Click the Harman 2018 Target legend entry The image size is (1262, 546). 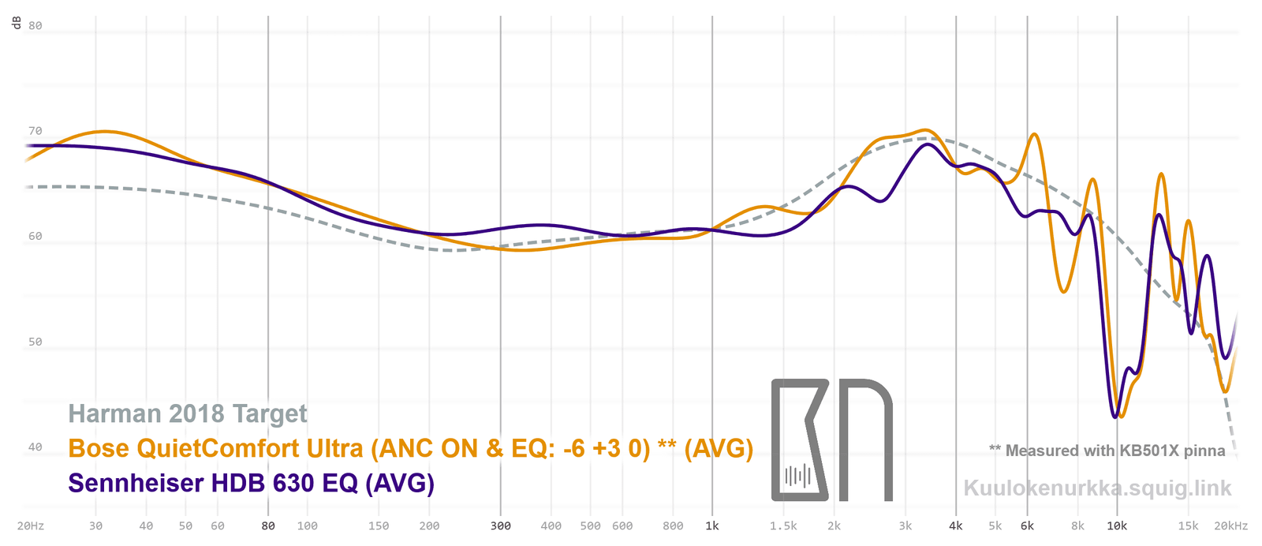[188, 413]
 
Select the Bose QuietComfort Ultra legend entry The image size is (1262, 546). [410, 448]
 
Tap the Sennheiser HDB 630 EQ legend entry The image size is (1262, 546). [251, 482]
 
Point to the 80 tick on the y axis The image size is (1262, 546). [35, 25]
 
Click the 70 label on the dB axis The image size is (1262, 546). [35, 131]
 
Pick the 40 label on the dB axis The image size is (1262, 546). [35, 447]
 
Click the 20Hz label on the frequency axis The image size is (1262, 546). [31, 525]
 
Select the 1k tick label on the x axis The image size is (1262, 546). [712, 525]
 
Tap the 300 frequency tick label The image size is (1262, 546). [500, 525]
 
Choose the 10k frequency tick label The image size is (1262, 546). [1116, 525]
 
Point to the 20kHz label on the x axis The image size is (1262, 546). [1230, 525]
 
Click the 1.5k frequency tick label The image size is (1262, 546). [783, 525]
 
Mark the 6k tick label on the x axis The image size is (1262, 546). [1027, 525]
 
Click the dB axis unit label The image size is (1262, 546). [17, 23]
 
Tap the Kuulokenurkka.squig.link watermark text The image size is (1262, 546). [1097, 488]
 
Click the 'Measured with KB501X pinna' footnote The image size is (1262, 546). [1107, 451]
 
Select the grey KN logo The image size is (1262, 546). [831, 439]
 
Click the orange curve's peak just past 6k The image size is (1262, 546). [1033, 134]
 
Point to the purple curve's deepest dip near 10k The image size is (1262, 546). [1115, 417]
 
